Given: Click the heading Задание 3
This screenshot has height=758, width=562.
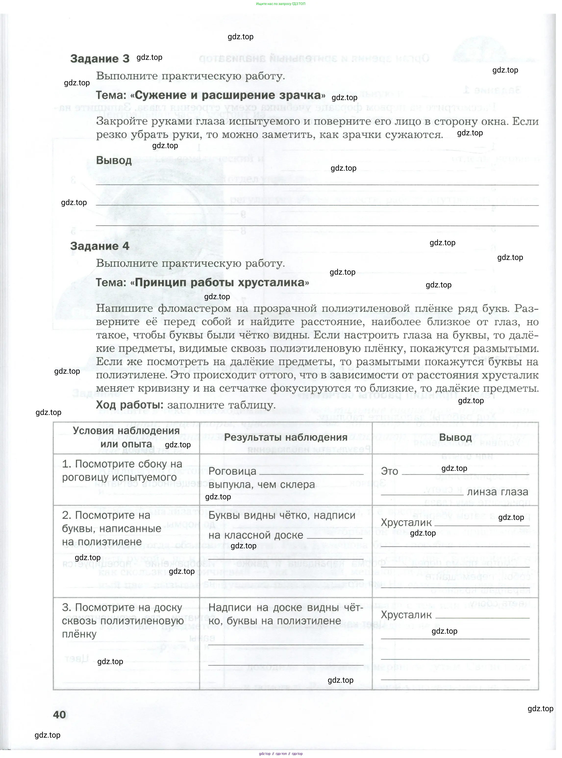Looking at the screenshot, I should tap(100, 59).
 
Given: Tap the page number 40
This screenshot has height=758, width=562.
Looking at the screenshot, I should tap(60, 714).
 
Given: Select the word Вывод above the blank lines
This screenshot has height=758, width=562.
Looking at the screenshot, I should tap(114, 160).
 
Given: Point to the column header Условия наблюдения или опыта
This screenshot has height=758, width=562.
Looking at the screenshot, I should tap(126, 437).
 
